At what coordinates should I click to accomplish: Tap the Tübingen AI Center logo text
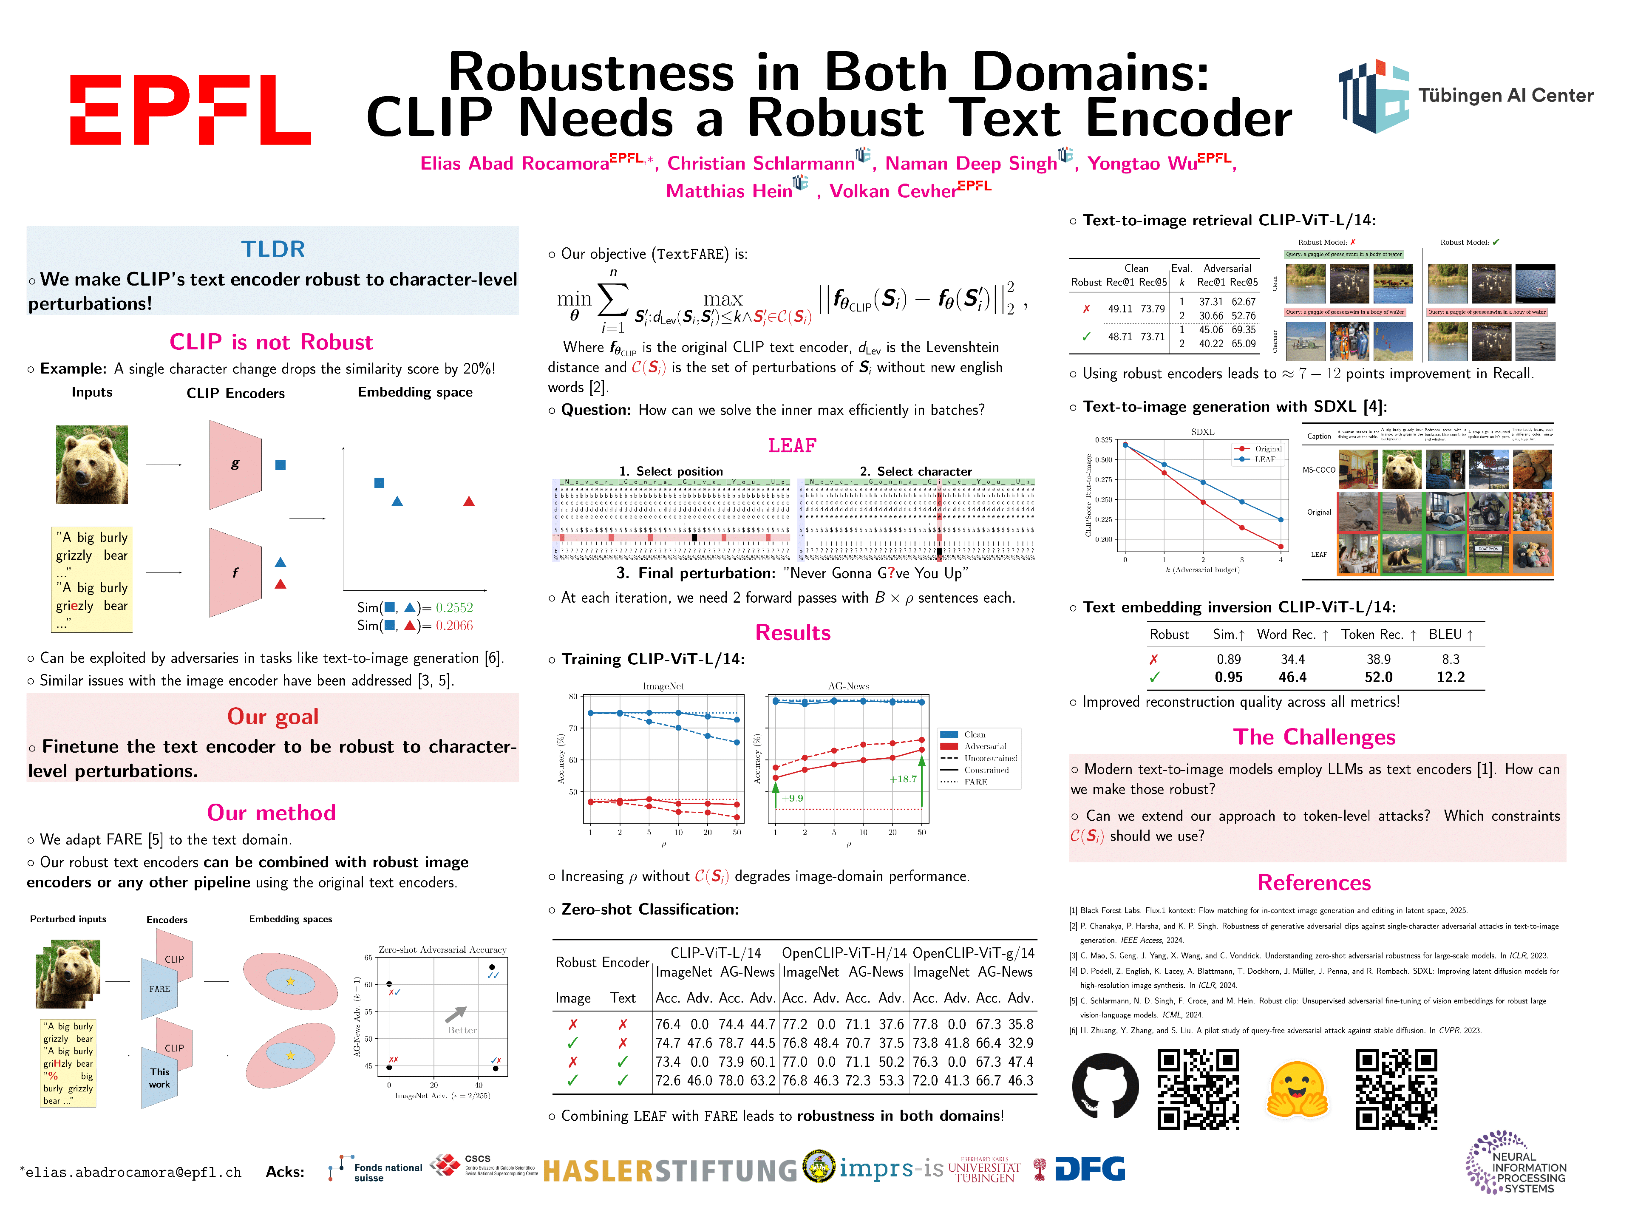pyautogui.click(x=1504, y=96)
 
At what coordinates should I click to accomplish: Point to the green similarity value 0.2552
pyautogui.click(x=454, y=608)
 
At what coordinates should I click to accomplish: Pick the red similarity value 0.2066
pyautogui.click(x=454, y=626)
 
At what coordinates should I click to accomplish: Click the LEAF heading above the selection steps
pyautogui.click(x=792, y=446)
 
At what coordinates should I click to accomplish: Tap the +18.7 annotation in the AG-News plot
pyautogui.click(x=902, y=779)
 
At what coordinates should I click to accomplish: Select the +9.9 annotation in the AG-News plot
pyautogui.click(x=792, y=798)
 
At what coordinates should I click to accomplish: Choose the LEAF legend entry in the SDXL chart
pyautogui.click(x=1264, y=459)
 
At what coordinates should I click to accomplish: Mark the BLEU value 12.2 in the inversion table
pyautogui.click(x=1450, y=677)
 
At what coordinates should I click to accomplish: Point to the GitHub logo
pyautogui.click(x=1105, y=1086)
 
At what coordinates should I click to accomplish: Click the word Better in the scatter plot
pyautogui.click(x=462, y=1030)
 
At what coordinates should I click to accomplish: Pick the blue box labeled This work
pyautogui.click(x=159, y=1078)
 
